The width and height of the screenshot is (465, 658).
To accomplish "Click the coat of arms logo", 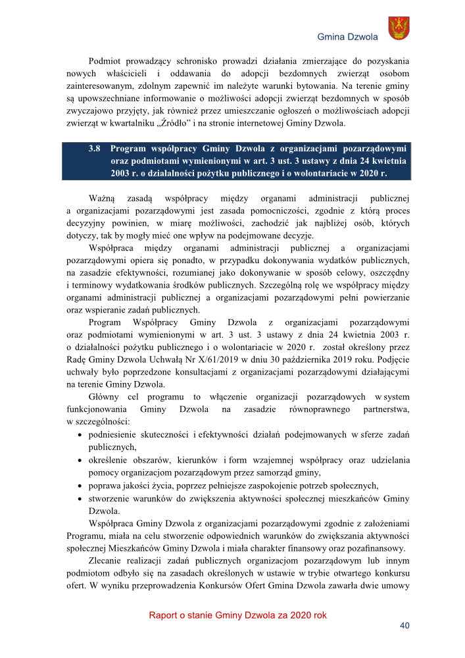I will point(399,27).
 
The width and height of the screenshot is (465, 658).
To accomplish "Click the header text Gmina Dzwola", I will point(347,37).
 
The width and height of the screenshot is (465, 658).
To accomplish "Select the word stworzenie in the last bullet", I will point(109,497).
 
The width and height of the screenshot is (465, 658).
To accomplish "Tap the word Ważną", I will point(102,197).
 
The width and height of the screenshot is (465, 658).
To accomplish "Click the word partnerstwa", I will point(385,409).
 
